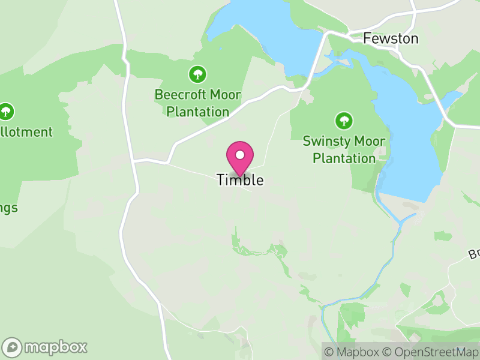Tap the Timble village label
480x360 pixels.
point(240,180)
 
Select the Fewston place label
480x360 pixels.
point(391,38)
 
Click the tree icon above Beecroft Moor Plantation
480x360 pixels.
point(197,74)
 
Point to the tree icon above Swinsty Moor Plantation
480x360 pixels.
point(344,121)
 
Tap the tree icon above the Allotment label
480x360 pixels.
point(6,111)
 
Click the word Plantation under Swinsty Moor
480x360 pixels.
point(344,158)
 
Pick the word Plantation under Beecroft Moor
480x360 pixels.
point(197,112)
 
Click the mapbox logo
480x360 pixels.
point(45,347)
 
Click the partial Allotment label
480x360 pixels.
point(26,132)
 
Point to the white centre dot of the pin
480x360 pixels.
point(240,155)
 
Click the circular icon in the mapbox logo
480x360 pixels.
point(12,347)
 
